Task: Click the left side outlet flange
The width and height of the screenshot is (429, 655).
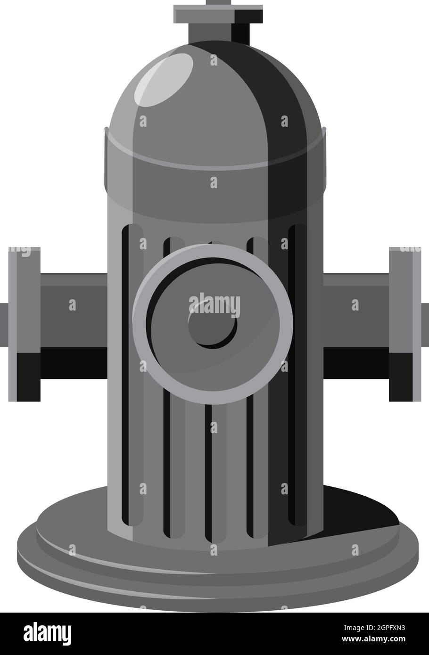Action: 25,324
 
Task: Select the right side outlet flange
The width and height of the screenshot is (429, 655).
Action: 404,324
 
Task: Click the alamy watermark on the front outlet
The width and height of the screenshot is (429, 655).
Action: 214,304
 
